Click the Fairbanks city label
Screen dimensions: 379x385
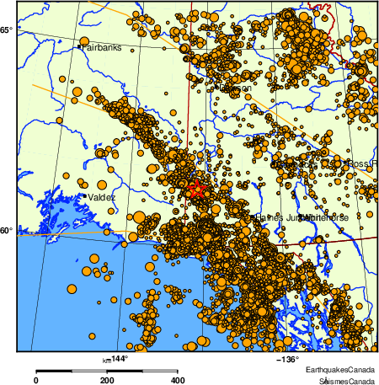pyautogui.click(x=102, y=47)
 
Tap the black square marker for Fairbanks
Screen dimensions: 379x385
pyautogui.click(x=80, y=47)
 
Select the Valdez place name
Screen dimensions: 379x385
pyautogui.click(x=102, y=197)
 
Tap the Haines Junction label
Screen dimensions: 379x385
pyautogui.click(x=278, y=217)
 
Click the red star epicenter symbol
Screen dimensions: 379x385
pyautogui.click(x=196, y=190)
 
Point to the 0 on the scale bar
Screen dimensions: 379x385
pyautogui.click(x=35, y=380)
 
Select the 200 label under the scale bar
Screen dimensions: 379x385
pyautogui.click(x=107, y=380)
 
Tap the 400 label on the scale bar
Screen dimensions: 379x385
pyautogui.click(x=179, y=380)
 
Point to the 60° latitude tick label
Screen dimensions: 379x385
pyautogui.click(x=7, y=231)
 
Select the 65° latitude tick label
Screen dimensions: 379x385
pyautogui.click(x=7, y=30)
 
